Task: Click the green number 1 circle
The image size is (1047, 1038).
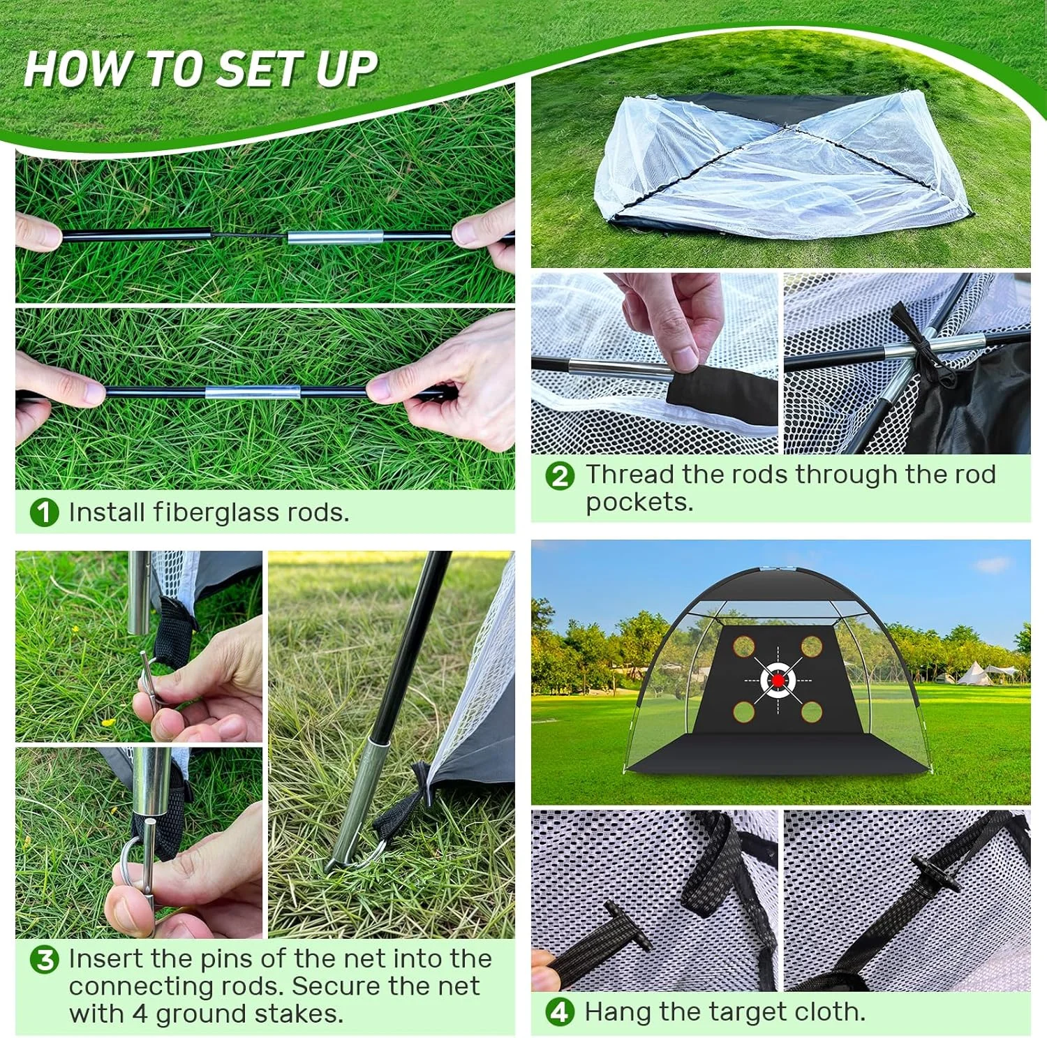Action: click(x=44, y=512)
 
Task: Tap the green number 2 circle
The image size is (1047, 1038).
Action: click(x=560, y=476)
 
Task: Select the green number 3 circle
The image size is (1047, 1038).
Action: click(x=44, y=959)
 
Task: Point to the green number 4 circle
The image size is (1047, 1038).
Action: click(x=560, y=1011)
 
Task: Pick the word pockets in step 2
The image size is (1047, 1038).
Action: click(x=639, y=502)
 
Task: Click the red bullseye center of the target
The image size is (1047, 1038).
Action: click(x=778, y=679)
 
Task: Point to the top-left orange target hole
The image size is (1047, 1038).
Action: click(x=744, y=646)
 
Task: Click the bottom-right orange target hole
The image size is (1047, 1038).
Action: click(x=811, y=711)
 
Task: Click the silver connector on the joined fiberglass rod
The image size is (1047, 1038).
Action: click(x=253, y=392)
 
